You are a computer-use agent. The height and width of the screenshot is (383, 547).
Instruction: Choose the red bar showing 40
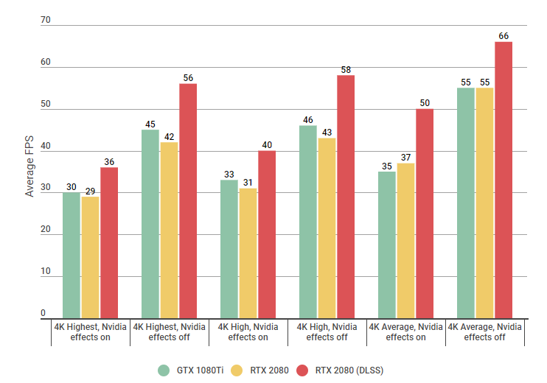267,235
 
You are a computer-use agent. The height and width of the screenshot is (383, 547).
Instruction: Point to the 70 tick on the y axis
46,20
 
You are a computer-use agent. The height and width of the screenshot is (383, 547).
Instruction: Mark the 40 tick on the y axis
46,146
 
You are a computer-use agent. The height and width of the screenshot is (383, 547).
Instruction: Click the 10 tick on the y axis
46,272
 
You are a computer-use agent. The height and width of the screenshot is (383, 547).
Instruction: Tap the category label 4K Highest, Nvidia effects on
91,331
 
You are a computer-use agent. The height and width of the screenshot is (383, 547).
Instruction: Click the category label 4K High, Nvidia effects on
248,331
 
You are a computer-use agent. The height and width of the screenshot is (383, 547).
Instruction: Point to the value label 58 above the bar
346,70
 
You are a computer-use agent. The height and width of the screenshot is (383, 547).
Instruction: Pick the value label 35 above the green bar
386,166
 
